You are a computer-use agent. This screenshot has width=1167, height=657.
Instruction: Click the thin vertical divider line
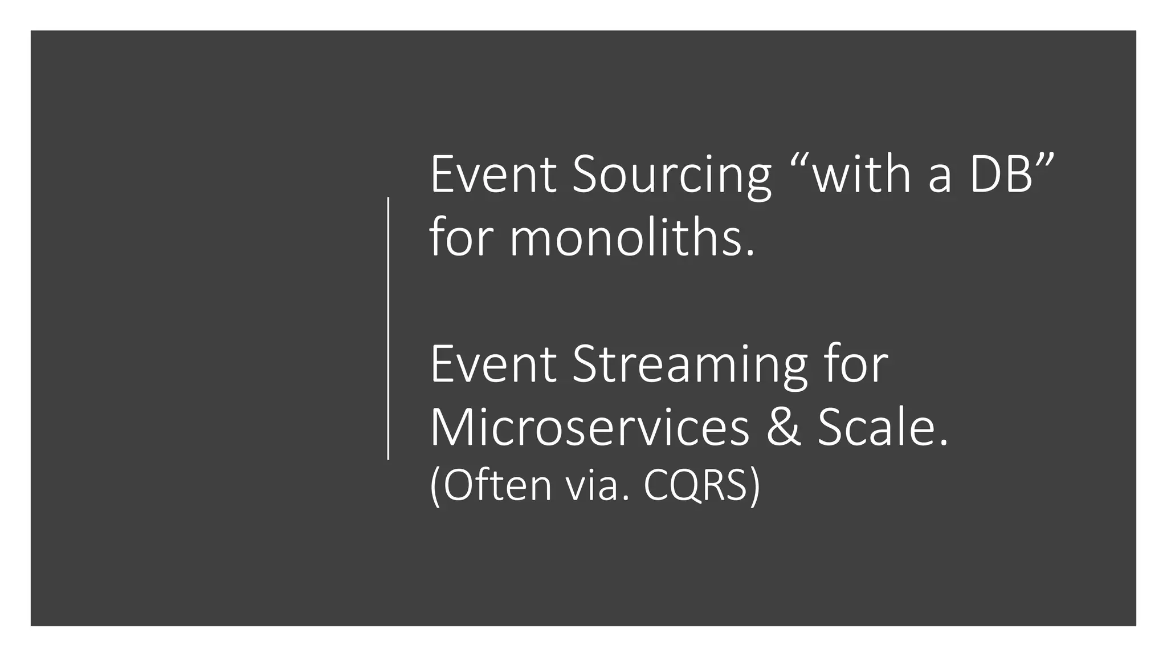coord(388,328)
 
